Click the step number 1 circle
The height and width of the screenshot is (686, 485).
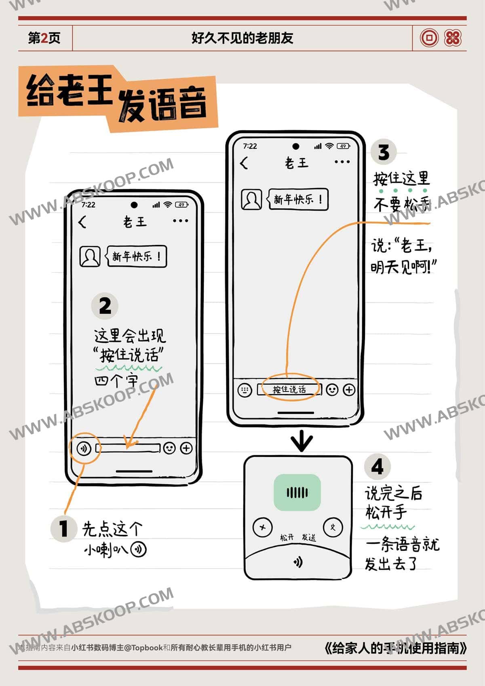pyautogui.click(x=63, y=528)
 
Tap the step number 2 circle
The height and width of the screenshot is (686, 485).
pyautogui.click(x=105, y=306)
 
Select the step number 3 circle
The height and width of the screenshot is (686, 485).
pyautogui.click(x=384, y=152)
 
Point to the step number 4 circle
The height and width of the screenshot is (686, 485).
pyautogui.click(x=377, y=467)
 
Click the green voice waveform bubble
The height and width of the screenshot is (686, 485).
pyautogui.click(x=297, y=492)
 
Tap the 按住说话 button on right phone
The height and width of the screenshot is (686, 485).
pyautogui.click(x=289, y=390)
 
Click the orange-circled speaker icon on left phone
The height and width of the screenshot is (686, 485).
pyautogui.click(x=84, y=448)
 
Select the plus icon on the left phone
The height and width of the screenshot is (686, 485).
pyautogui.click(x=186, y=448)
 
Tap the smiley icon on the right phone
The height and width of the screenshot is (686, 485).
pyautogui.click(x=332, y=390)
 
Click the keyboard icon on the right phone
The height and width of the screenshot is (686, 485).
pyautogui.click(x=245, y=390)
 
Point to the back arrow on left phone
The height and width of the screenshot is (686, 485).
pyautogui.click(x=82, y=222)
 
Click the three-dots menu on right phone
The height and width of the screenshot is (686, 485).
pyautogui.click(x=342, y=162)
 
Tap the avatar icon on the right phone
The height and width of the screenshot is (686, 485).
pyautogui.click(x=251, y=199)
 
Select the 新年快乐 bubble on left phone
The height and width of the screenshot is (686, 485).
pyautogui.click(x=137, y=256)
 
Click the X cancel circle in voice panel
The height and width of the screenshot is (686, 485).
pyautogui.click(x=262, y=527)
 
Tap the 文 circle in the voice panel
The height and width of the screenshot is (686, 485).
pyautogui.click(x=333, y=527)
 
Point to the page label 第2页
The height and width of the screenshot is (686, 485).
pyautogui.click(x=44, y=38)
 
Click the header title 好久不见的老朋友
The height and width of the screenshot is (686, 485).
pyautogui.click(x=242, y=38)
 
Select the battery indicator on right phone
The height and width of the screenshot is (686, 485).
pyautogui.click(x=343, y=146)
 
